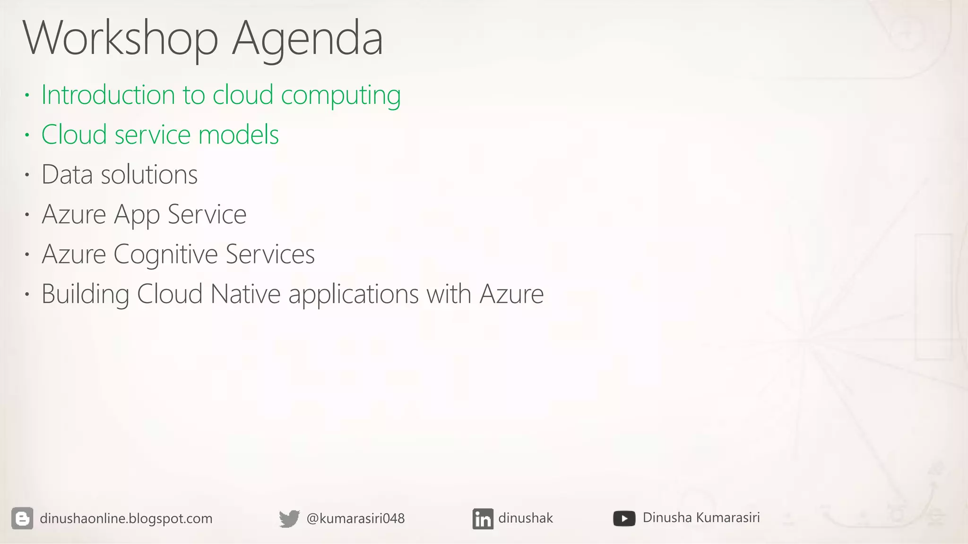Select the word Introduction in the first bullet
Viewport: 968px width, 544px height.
click(x=108, y=95)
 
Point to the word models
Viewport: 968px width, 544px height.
click(x=238, y=135)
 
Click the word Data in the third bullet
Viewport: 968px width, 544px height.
click(x=67, y=174)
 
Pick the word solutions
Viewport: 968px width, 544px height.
click(x=149, y=174)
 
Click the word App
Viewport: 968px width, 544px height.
click(x=137, y=215)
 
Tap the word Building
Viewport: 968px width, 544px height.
click(x=85, y=294)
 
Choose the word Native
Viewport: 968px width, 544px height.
click(x=245, y=294)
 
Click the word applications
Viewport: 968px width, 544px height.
click(x=354, y=295)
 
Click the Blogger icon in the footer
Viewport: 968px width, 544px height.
click(x=22, y=518)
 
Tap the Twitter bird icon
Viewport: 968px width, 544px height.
click(x=289, y=518)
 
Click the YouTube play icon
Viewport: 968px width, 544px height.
click(x=624, y=518)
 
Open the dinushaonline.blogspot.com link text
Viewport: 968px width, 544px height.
click(x=126, y=518)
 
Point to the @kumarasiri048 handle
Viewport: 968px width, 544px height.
click(x=355, y=518)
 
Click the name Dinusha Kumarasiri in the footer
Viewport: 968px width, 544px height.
click(x=701, y=518)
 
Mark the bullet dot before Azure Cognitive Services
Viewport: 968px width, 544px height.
click(x=27, y=255)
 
